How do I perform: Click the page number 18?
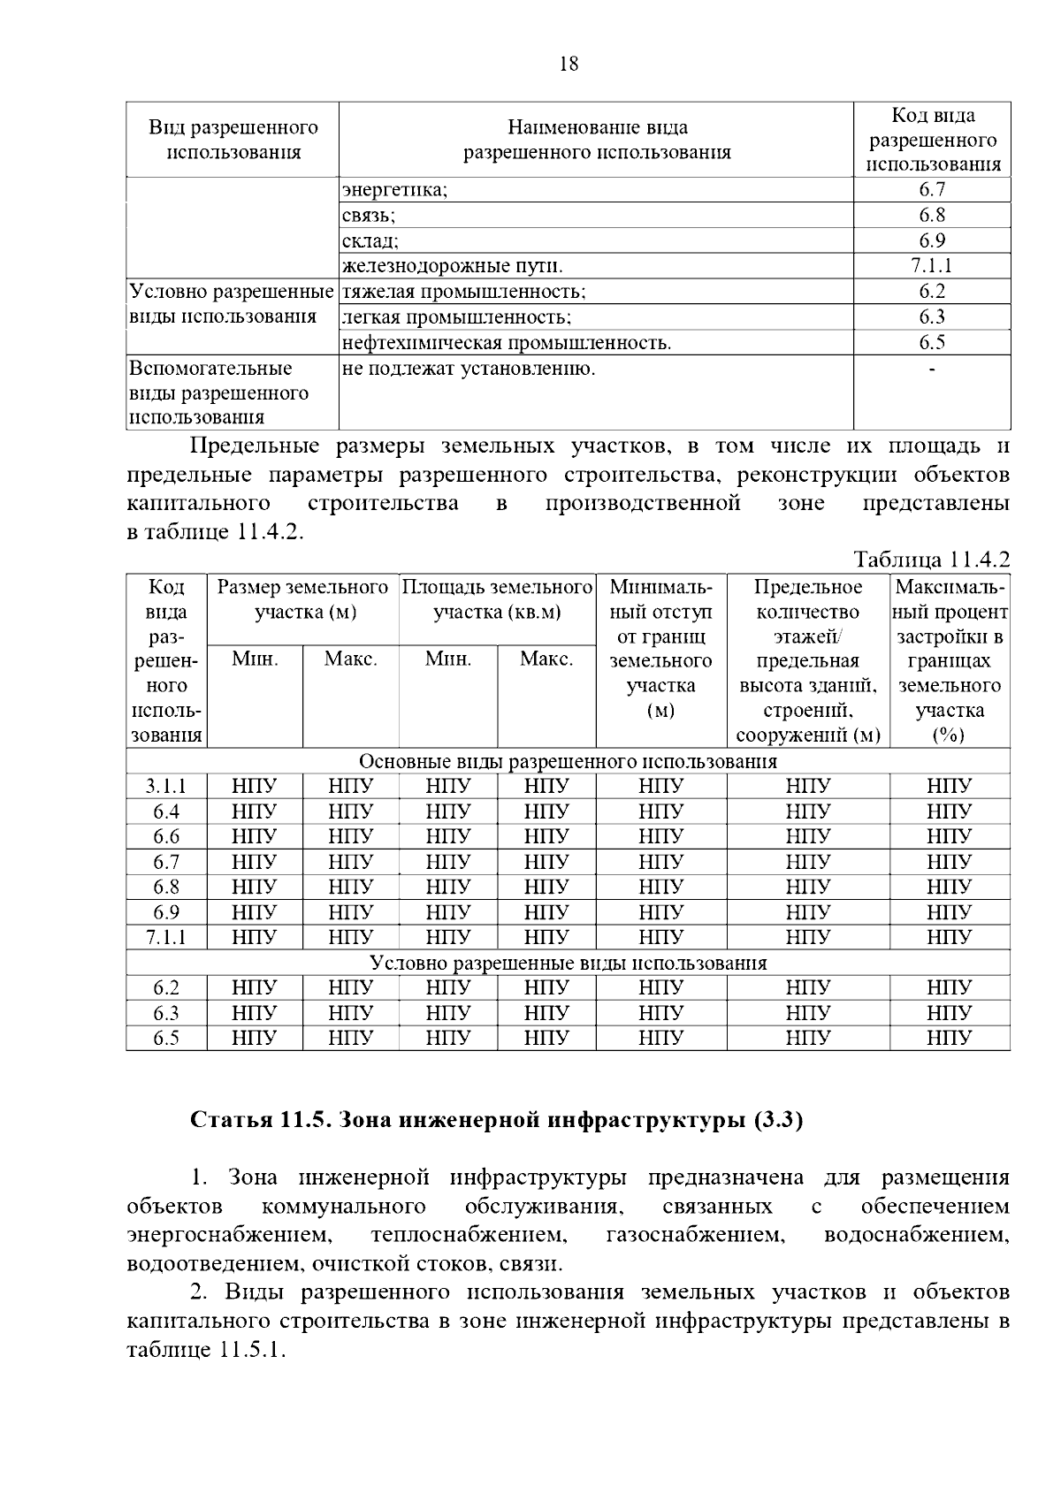click(569, 64)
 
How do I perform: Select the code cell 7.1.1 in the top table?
click(931, 266)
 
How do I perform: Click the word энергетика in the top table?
click(394, 190)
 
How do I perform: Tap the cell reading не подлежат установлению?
click(468, 369)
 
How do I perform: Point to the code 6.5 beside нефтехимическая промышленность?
click(931, 343)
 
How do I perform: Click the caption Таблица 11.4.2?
click(931, 560)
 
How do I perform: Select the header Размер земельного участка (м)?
click(302, 599)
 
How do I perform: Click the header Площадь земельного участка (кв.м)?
click(497, 599)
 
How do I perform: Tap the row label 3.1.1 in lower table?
click(166, 787)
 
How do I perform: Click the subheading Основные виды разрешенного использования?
click(568, 761)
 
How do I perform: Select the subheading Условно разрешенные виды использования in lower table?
click(568, 963)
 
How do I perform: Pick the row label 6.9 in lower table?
click(166, 912)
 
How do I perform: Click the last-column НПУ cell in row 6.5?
click(949, 1038)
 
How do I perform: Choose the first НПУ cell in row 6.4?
click(255, 811)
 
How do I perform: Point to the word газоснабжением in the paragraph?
click(696, 1234)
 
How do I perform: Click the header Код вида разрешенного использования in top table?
click(932, 140)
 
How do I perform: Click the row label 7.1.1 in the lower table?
click(166, 937)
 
